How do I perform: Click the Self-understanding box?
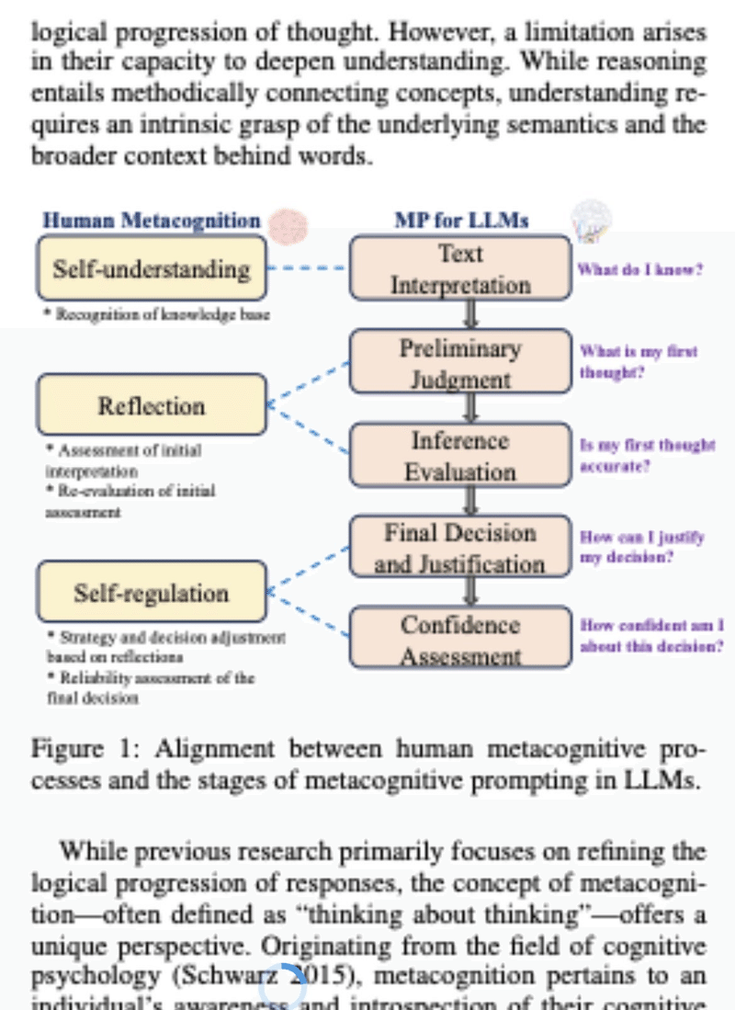pos(152,268)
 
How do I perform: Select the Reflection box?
pos(152,405)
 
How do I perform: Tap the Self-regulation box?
pos(152,593)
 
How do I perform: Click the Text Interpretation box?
pos(460,268)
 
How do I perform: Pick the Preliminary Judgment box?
pos(460,363)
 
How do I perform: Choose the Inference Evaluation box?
pos(460,456)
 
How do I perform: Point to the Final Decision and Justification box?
pos(460,548)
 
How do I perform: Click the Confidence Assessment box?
pos(460,640)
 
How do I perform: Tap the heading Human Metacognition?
pos(153,221)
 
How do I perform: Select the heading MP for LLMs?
pos(461,221)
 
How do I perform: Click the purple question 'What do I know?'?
pos(639,270)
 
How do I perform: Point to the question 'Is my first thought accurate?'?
pos(647,455)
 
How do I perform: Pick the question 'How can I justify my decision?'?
pos(641,547)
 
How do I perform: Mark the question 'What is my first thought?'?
pos(638,362)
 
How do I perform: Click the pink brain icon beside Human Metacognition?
pos(291,222)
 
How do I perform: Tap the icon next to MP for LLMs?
pos(590,220)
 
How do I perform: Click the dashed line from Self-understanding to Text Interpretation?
pos(308,269)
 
